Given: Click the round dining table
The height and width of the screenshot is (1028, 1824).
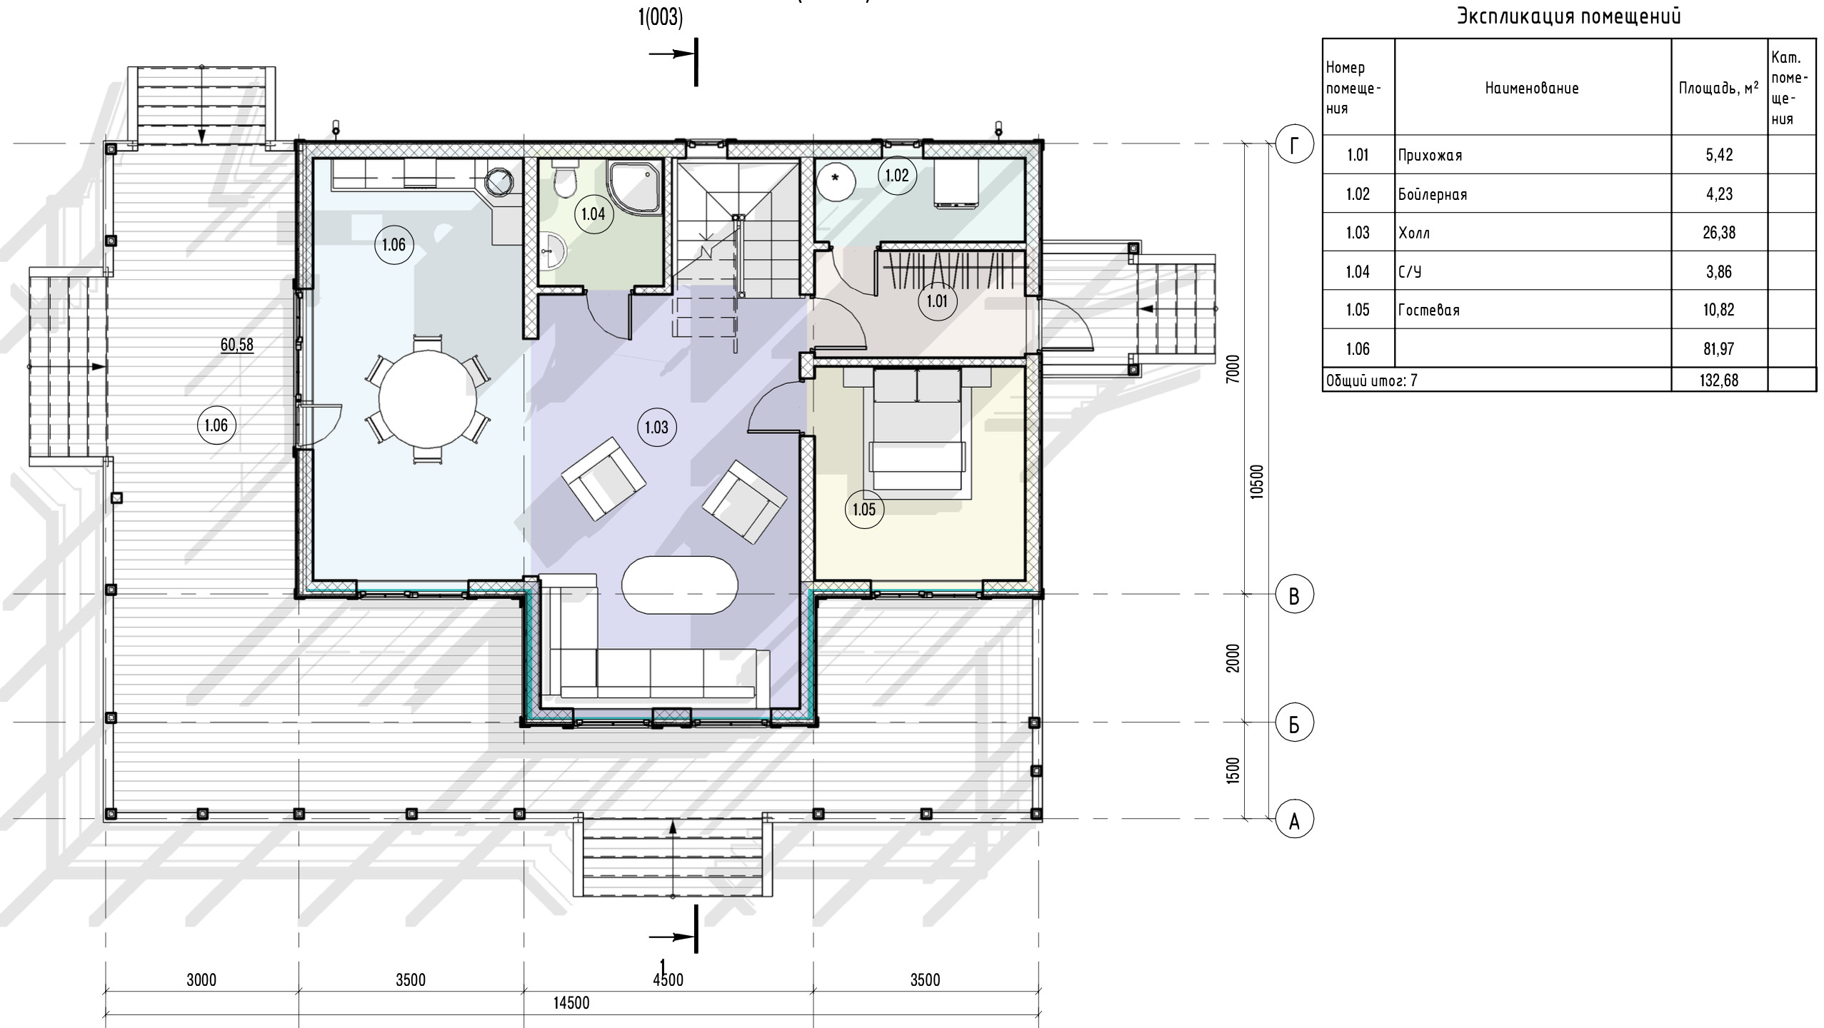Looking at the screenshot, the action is point(428,400).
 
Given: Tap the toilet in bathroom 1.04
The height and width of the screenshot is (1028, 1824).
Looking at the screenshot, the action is point(566,179).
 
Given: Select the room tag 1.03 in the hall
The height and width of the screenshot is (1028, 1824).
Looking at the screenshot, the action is point(656,427).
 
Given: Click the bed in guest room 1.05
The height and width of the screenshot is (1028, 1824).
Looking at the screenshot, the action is point(917,433).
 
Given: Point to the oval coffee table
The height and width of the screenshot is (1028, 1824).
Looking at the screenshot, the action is point(680,585).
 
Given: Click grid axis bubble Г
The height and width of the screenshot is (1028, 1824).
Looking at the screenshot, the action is point(1294,145).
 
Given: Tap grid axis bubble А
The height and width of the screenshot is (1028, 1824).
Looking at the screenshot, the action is point(1294,819).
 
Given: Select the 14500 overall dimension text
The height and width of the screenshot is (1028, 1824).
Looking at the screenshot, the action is point(571,1002).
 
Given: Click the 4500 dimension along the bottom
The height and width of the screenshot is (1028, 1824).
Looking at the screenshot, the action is point(668,979).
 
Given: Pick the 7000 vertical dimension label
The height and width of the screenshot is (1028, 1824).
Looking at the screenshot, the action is point(1233,370).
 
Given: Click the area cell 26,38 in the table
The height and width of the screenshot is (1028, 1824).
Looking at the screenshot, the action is point(1719,233).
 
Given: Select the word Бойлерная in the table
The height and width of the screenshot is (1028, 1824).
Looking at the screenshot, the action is point(1433,194).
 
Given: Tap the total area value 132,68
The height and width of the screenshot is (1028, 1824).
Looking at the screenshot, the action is point(1719,380).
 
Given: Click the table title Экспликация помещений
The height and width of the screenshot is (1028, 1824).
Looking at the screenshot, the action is point(1569,16).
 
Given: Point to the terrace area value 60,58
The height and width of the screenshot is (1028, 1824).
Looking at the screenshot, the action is point(236,345).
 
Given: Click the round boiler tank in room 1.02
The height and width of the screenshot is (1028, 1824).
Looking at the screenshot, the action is point(836,180).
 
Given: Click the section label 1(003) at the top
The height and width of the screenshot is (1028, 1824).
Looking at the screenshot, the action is point(661,17).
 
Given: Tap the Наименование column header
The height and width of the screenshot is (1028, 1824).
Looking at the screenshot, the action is point(1532,89).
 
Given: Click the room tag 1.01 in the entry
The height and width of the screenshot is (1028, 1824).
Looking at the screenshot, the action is point(937,301).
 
